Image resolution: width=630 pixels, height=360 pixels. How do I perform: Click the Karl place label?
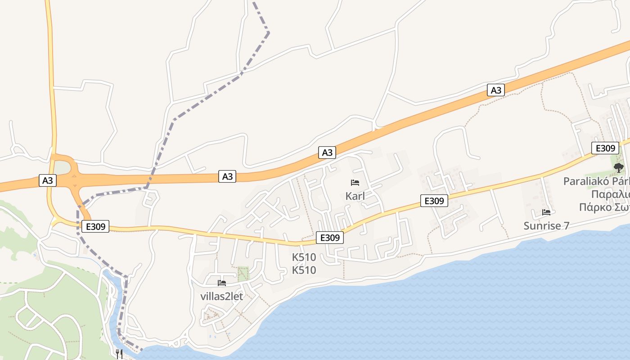pyautogui.click(x=355, y=196)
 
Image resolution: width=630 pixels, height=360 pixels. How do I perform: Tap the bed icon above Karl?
pyautogui.click(x=355, y=183)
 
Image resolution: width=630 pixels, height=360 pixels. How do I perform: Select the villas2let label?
pyautogui.click(x=221, y=296)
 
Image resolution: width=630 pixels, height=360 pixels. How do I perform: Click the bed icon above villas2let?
pyautogui.click(x=222, y=283)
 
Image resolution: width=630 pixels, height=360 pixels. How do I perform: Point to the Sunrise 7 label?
pyautogui.click(x=546, y=226)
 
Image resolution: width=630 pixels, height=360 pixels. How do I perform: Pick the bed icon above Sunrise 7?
pyautogui.click(x=546, y=212)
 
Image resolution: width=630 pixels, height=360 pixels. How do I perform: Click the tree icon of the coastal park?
pyautogui.click(x=619, y=168)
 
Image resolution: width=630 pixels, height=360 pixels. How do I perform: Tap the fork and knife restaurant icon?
pyautogui.click(x=119, y=354)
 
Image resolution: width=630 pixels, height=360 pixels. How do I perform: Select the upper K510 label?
pyautogui.click(x=304, y=257)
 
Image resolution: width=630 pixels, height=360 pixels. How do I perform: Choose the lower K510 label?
pyautogui.click(x=304, y=270)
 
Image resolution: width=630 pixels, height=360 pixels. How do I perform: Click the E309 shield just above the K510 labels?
pyautogui.click(x=330, y=238)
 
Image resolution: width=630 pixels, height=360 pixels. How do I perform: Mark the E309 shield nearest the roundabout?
pyautogui.click(x=95, y=226)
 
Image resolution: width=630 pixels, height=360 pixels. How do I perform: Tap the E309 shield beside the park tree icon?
pyautogui.click(x=605, y=148)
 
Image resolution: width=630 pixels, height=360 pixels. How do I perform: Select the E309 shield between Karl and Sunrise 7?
pyautogui.click(x=434, y=201)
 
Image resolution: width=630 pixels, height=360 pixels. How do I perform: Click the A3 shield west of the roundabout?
pyautogui.click(x=48, y=181)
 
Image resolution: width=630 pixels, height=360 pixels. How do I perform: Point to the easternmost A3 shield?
pyautogui.click(x=495, y=90)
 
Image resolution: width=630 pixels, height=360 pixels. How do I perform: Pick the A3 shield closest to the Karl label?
pyautogui.click(x=327, y=153)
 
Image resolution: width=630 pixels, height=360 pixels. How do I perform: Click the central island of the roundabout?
pyautogui.click(x=63, y=168)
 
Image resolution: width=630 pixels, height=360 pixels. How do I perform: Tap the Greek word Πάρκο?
pyautogui.click(x=593, y=207)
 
